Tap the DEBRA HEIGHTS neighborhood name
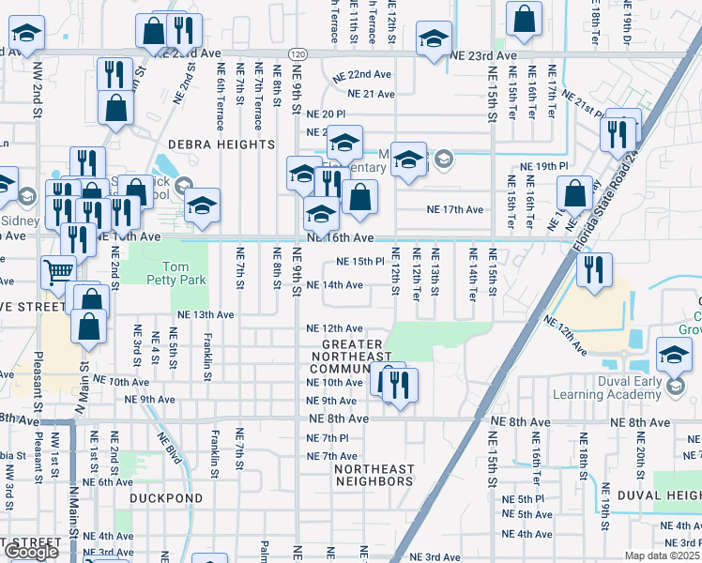tap(221, 145)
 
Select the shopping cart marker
tap(58, 271)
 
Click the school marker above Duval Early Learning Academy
tap(674, 355)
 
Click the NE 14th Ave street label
tap(335, 285)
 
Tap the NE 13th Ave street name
tap(202, 314)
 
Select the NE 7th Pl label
tap(328, 438)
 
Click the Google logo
tap(31, 552)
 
